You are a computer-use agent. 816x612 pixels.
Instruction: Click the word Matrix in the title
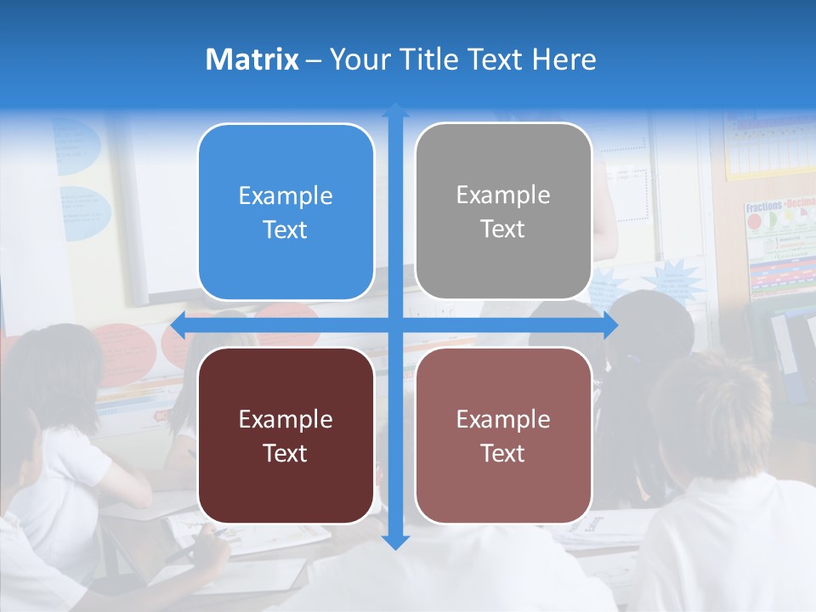252,59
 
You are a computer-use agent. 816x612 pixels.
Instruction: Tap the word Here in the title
564,59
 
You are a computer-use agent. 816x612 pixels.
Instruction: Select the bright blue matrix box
286,212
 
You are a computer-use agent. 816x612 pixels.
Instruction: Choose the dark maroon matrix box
286,435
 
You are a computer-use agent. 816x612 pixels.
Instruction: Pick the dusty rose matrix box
503,435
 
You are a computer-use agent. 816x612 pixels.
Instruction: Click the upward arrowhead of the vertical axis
395,110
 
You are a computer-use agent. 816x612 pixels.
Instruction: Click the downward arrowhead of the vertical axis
395,541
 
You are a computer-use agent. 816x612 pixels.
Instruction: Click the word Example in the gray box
503,195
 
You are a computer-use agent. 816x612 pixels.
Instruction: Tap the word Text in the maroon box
286,453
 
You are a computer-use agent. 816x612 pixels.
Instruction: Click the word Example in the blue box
286,195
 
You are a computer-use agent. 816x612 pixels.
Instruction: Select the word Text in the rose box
503,453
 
